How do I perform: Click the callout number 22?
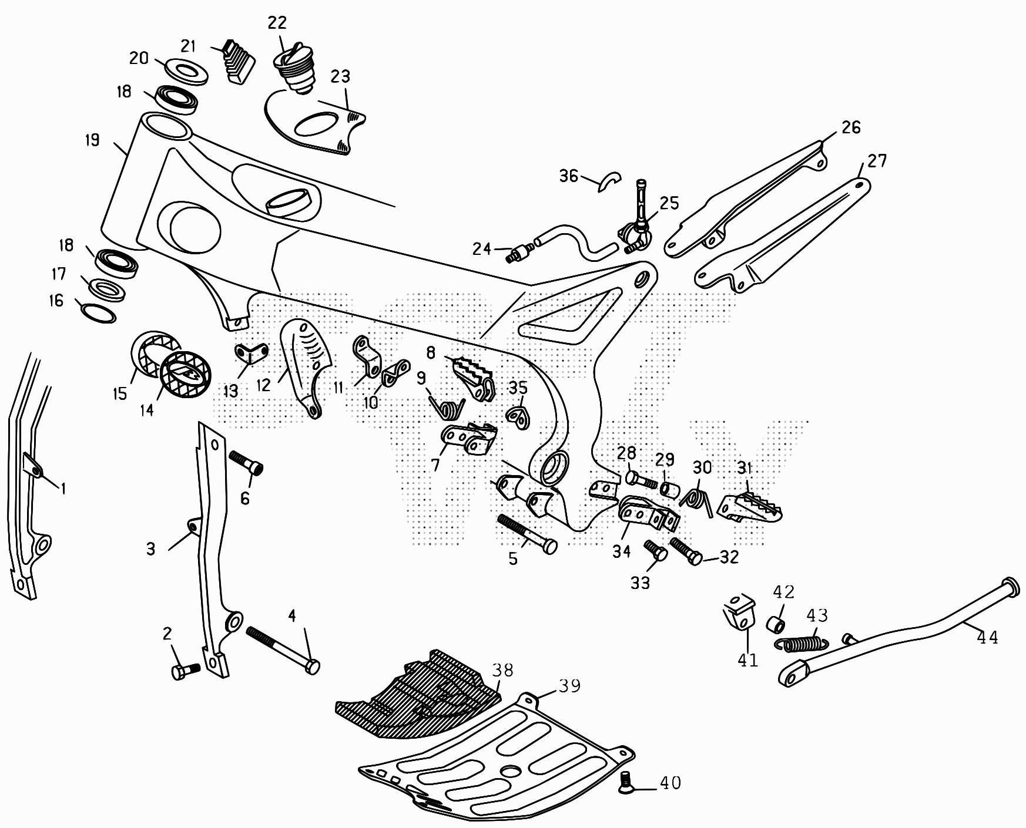(277, 23)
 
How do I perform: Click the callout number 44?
(987, 637)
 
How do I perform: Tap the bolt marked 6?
(245, 462)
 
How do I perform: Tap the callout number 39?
(569, 685)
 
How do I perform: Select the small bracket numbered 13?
(252, 354)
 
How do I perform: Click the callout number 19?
(92, 140)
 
